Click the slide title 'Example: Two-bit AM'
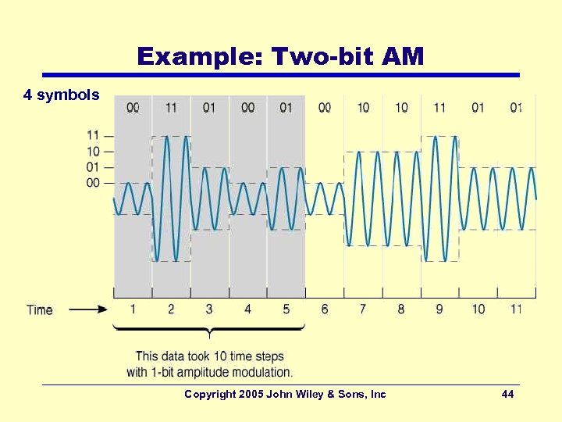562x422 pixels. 280,56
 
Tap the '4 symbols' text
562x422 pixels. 62,95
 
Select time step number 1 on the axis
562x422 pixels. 133,309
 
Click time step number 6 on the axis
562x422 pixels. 325,309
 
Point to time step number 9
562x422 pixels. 439,309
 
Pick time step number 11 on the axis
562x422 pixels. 516,309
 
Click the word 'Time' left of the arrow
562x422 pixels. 40,309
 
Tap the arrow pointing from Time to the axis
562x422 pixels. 88,309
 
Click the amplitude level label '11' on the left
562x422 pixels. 93,136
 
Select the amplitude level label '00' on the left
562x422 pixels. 93,183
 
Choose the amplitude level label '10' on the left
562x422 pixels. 93,152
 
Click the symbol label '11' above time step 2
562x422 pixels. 171,107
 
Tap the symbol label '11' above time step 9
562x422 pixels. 439,107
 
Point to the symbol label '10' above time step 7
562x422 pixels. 363,107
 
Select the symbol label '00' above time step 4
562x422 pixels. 247,107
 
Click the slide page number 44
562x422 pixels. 507,395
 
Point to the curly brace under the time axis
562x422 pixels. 209,331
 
